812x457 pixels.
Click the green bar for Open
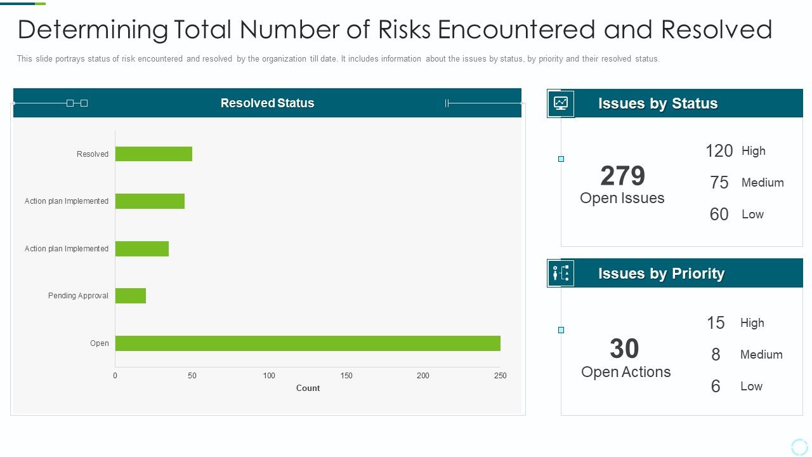308,343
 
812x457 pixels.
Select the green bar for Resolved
154,154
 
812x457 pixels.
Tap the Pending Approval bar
131,296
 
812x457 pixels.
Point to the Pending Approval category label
78,296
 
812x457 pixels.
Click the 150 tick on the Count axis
346,376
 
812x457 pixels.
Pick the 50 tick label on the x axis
192,376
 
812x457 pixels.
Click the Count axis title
308,388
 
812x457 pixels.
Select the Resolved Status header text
267,103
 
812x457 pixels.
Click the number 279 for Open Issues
622,176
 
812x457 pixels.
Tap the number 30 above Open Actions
624,348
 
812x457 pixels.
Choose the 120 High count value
719,151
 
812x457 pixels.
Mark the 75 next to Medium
719,183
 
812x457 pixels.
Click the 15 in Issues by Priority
716,323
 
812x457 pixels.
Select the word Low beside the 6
751,387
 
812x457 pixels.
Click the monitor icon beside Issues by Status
561,103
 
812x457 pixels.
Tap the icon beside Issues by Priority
561,274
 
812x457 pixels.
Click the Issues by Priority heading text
661,274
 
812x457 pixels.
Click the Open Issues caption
622,198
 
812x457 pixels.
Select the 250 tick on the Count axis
501,376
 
